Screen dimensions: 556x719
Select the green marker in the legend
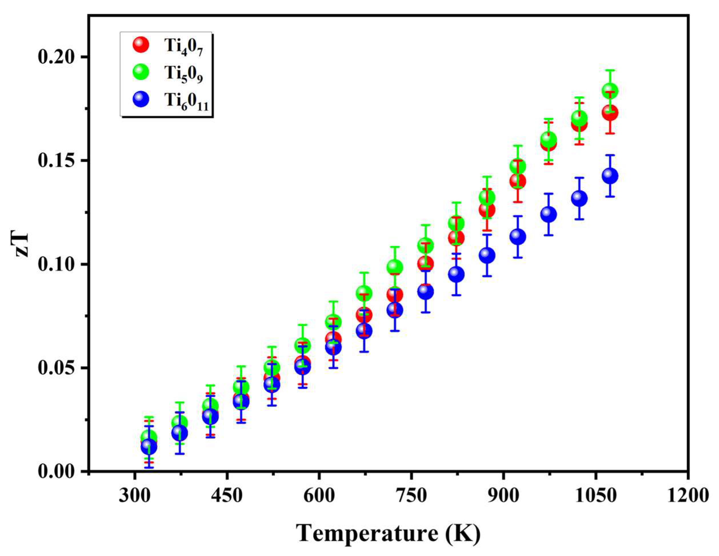click(141, 72)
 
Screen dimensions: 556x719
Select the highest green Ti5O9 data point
click(610, 91)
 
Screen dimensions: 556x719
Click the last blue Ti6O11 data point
click(610, 176)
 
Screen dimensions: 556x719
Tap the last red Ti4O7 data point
click(610, 113)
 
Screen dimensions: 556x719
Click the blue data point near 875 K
click(487, 255)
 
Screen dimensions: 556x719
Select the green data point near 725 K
click(395, 267)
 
